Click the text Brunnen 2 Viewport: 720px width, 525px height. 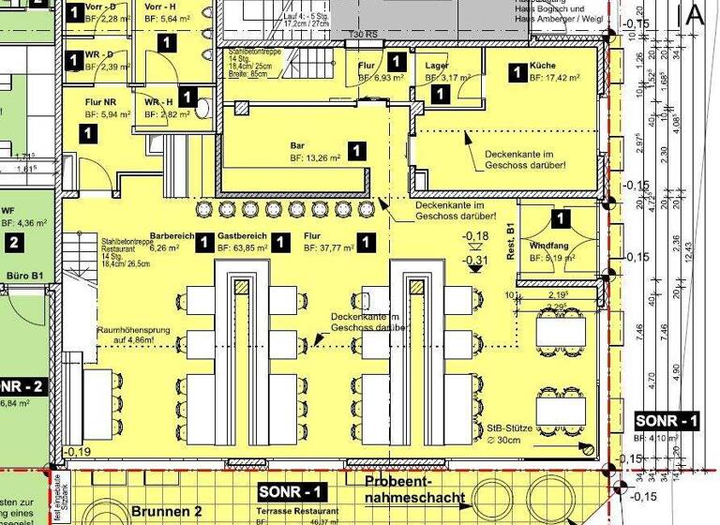166,512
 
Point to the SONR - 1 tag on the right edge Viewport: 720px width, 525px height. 667,421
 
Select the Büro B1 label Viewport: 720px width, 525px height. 22,277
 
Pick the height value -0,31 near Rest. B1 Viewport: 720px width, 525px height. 476,260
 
